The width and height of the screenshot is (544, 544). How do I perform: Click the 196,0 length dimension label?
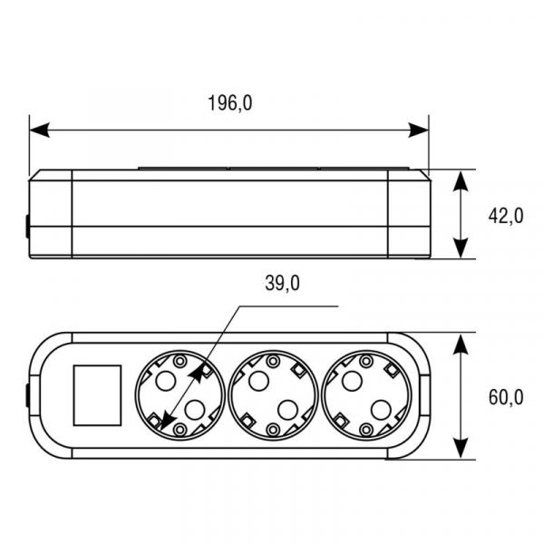[230, 103]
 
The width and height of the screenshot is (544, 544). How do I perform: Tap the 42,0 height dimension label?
[506, 216]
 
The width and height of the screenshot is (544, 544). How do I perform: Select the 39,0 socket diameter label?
[282, 283]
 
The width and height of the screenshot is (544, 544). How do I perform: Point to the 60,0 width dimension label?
[506, 397]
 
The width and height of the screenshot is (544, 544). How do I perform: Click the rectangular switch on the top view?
[97, 395]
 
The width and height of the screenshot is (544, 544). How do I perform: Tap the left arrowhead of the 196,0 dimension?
[40, 130]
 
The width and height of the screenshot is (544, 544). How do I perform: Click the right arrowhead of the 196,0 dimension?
[418, 130]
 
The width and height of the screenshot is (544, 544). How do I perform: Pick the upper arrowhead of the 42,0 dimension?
[461, 181]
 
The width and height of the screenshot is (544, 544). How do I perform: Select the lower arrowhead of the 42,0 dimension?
[461, 248]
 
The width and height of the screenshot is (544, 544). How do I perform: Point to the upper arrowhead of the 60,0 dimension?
[461, 345]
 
